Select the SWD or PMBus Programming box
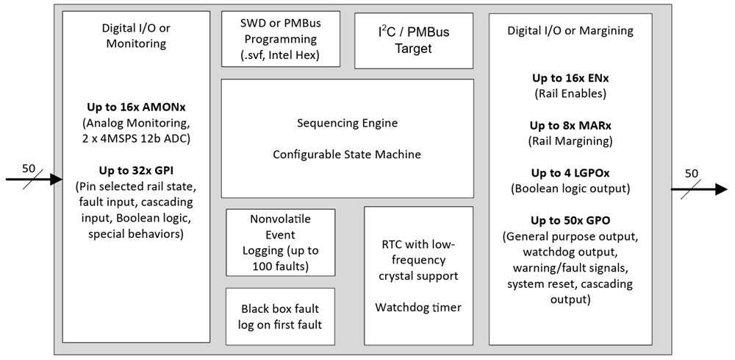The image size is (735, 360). (x=281, y=40)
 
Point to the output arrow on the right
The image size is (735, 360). (x=698, y=188)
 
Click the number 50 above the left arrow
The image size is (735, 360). (x=28, y=168)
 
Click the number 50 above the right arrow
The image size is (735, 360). (x=691, y=173)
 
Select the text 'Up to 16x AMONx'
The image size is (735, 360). (x=136, y=108)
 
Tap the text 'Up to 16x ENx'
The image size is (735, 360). (x=570, y=78)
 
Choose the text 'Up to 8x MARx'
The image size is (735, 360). (x=570, y=125)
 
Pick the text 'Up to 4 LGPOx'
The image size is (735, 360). (x=570, y=173)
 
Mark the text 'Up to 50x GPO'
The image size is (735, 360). (x=570, y=220)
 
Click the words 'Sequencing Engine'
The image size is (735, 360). (x=347, y=123)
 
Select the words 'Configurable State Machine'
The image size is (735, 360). (x=347, y=154)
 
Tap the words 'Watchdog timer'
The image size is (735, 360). (x=418, y=307)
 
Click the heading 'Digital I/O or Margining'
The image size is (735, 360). (x=570, y=31)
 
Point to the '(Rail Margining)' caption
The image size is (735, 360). (x=570, y=141)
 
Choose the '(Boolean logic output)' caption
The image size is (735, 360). (x=570, y=189)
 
